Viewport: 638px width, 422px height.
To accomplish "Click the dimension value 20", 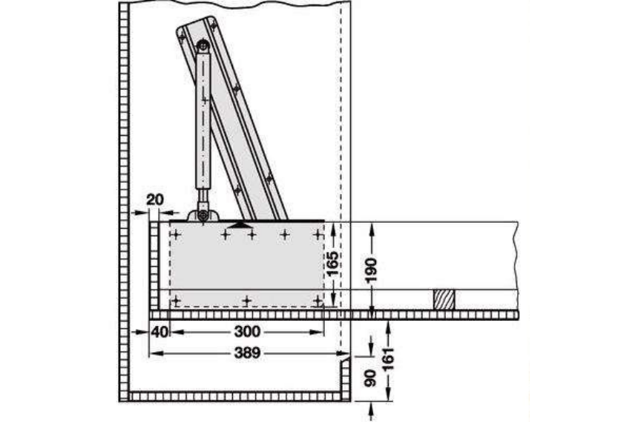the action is [155, 200].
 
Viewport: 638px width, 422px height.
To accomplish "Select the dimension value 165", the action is [333, 264].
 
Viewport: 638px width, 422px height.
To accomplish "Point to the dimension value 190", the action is [371, 270].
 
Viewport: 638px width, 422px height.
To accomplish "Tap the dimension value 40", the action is [159, 332].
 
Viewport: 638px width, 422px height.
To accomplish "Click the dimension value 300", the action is [247, 331].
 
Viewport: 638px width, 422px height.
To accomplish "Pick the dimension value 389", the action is [247, 353].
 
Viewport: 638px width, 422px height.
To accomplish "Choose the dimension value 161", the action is [389, 359].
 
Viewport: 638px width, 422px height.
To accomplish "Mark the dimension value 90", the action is [371, 378].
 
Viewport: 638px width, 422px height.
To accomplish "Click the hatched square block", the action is [444, 299].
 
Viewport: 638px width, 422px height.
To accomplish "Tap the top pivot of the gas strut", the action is [203, 45].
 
